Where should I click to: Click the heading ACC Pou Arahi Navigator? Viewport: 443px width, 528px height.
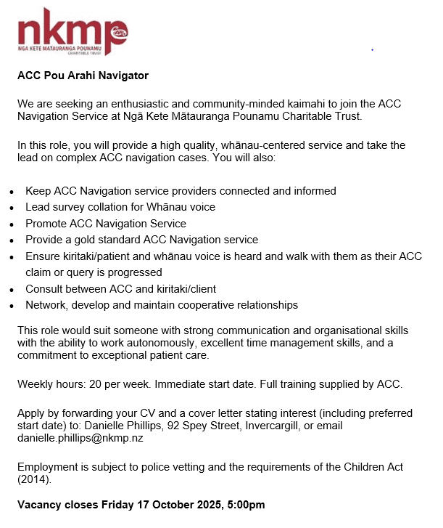pyautogui.click(x=83, y=75)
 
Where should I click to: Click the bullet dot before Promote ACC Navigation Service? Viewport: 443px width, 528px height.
pyautogui.click(x=11, y=224)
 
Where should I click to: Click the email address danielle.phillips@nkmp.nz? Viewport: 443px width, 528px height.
pyautogui.click(x=80, y=438)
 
